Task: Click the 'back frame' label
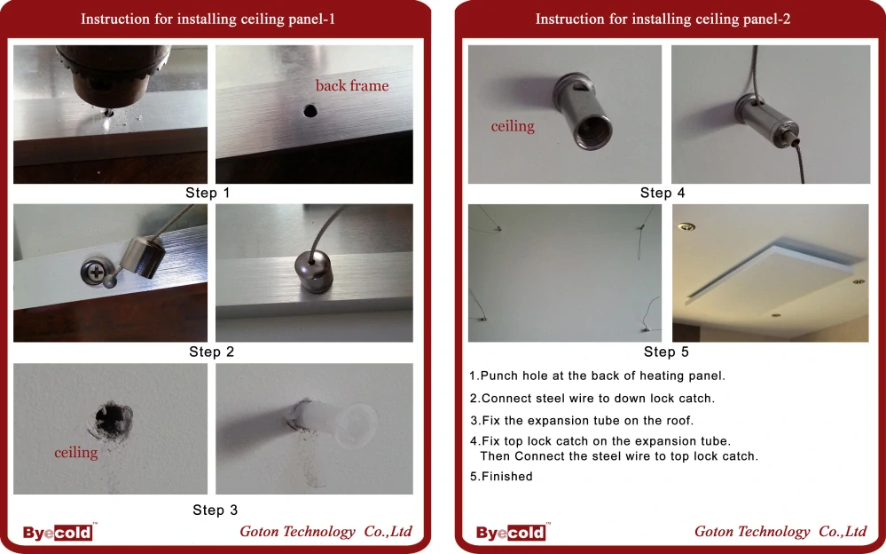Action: pyautogui.click(x=351, y=85)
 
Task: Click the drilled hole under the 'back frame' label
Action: pyautogui.click(x=310, y=110)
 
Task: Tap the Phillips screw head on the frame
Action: pyautogui.click(x=94, y=273)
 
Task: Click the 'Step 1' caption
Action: pyautogui.click(x=208, y=193)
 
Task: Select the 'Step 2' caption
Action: pyautogui.click(x=211, y=352)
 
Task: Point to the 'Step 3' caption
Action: pyautogui.click(x=215, y=510)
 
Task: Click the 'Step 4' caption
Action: pyautogui.click(x=663, y=193)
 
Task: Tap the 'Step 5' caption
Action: pyautogui.click(x=666, y=352)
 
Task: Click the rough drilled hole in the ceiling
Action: pyautogui.click(x=113, y=420)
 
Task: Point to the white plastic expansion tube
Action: pyautogui.click(x=333, y=422)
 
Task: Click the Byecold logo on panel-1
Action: pyautogui.click(x=59, y=532)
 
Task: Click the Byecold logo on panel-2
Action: pyautogui.click(x=512, y=532)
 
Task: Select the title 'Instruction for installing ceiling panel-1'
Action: pyautogui.click(x=208, y=20)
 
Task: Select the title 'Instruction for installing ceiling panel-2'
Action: pyautogui.click(x=663, y=20)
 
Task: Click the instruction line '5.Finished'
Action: pyautogui.click(x=501, y=477)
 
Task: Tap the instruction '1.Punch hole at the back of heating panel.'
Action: pyautogui.click(x=597, y=376)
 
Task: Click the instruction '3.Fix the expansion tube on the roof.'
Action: pyautogui.click(x=582, y=421)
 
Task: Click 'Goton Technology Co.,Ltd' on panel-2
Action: pyautogui.click(x=780, y=532)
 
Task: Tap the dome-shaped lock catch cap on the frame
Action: pyautogui.click(x=314, y=271)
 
